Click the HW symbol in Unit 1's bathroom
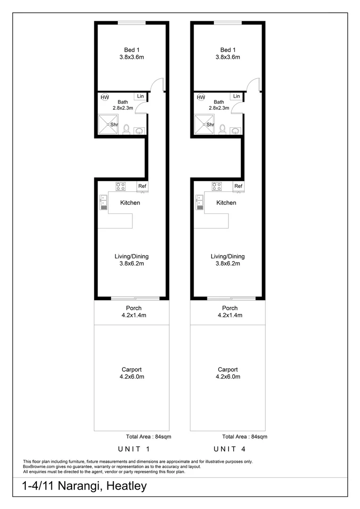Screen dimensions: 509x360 click(105, 98)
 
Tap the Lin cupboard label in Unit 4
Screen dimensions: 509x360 click(236, 96)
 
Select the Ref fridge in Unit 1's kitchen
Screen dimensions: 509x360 click(142, 187)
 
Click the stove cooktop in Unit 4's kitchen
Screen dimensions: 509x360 click(217, 186)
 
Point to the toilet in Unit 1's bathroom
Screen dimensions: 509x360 click(126, 129)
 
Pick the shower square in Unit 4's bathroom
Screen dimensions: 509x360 click(205, 124)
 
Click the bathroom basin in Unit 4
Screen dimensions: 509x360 click(236, 131)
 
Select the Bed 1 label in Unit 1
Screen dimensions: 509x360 click(131, 50)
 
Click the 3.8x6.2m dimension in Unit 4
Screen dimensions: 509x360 click(228, 263)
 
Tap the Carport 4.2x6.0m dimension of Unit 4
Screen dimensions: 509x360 click(228, 377)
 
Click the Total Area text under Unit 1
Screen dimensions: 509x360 click(148, 437)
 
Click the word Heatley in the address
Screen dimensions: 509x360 click(127, 486)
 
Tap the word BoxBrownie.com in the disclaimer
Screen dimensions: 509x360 click(40, 467)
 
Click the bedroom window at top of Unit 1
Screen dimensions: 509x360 click(131, 22)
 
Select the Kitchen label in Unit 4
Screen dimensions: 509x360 click(226, 203)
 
